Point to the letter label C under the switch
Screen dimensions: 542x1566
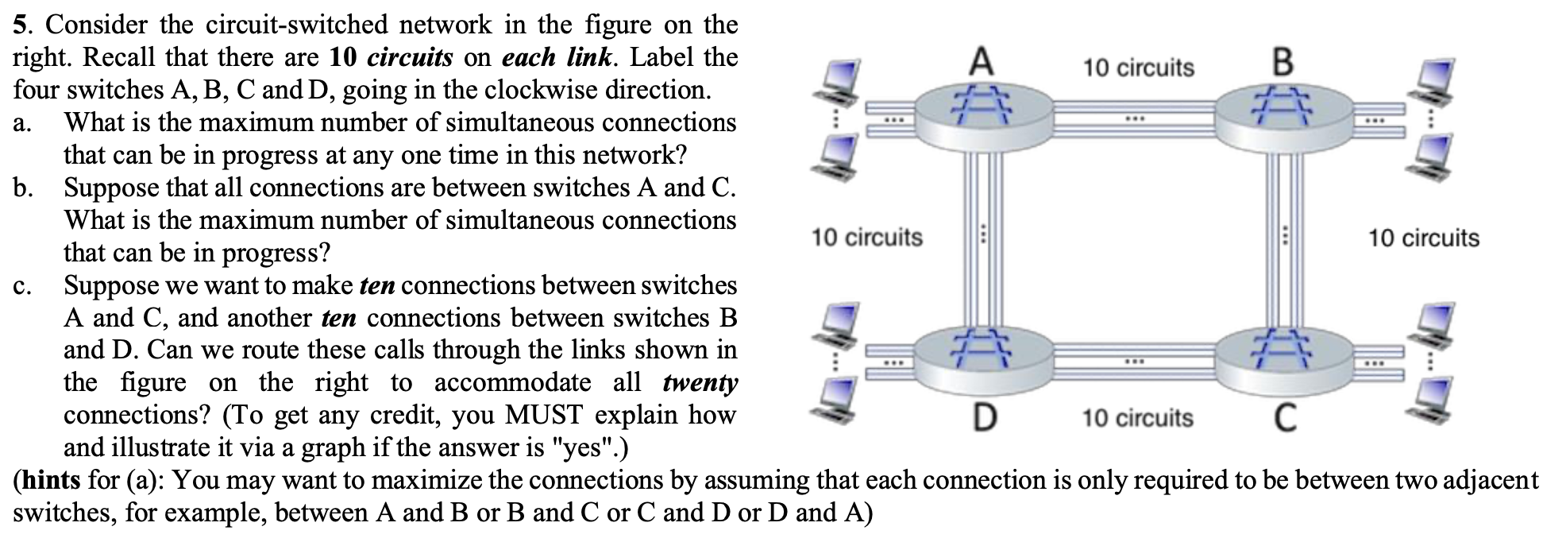click(1285, 417)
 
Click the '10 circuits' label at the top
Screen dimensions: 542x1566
click(1138, 68)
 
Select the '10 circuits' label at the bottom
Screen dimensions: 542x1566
click(1137, 417)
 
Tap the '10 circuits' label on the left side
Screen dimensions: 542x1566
click(866, 237)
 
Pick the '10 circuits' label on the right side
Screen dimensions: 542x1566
click(1423, 238)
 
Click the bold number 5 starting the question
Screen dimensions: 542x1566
click(21, 25)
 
